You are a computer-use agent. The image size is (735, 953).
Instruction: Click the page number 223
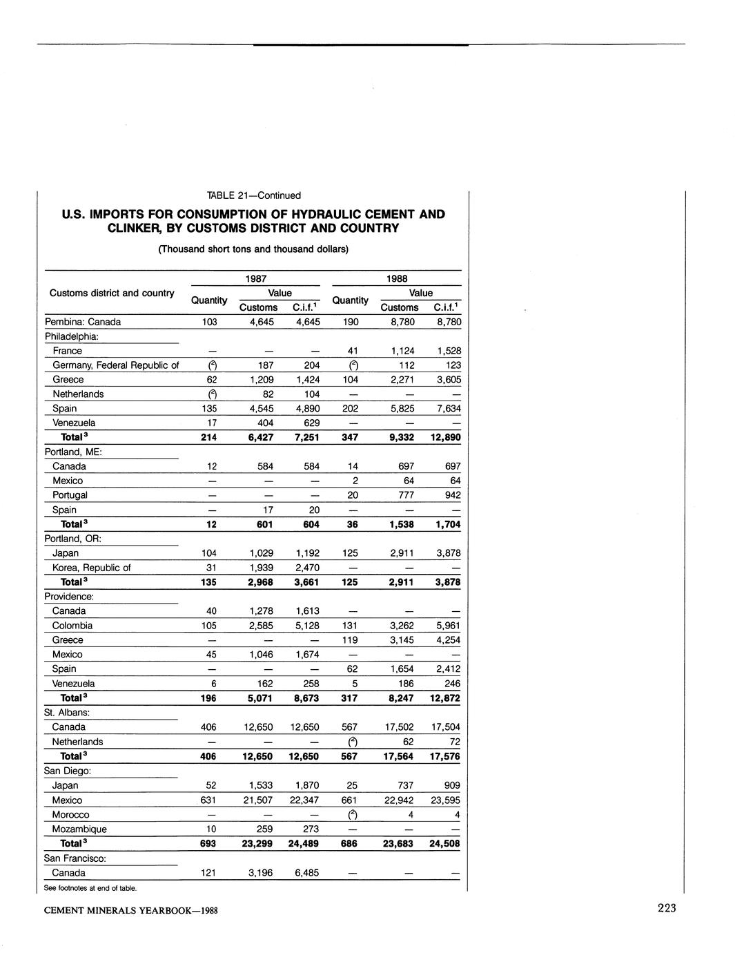[x=666, y=908]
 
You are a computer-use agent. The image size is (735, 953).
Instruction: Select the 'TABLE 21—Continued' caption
[x=249, y=195]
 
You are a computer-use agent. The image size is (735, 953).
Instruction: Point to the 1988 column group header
[x=397, y=278]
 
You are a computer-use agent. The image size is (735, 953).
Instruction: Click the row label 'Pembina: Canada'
[x=83, y=322]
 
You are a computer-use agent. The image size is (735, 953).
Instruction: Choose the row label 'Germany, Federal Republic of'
[x=115, y=365]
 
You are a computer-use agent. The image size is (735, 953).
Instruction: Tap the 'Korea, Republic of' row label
[x=91, y=568]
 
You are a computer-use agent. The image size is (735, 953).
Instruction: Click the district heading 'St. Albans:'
[x=68, y=712]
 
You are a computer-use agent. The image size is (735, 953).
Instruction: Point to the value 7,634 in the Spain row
[x=446, y=409]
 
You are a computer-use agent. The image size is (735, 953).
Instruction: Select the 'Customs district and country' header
[x=112, y=293]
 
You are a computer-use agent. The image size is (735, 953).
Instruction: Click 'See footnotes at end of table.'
[x=90, y=888]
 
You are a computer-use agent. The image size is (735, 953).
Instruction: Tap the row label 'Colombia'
[x=72, y=626]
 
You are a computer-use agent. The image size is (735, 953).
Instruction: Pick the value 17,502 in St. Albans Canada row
[x=400, y=727]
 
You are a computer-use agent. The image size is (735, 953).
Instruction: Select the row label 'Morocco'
[x=70, y=815]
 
